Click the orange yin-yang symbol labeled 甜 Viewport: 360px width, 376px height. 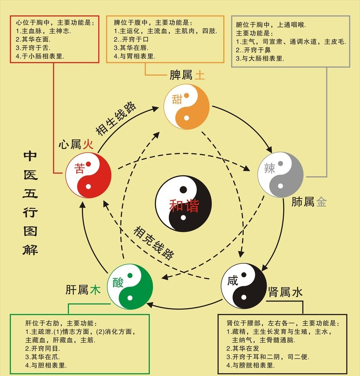click(187, 107)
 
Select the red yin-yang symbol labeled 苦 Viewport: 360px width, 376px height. click(88, 175)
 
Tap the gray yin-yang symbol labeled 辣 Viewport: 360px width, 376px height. click(280, 175)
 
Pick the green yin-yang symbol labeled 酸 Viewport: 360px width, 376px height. click(130, 287)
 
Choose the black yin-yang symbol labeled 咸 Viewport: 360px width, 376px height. click(243, 286)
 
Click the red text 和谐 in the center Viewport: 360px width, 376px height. click(184, 206)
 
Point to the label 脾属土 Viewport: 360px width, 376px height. click(187, 75)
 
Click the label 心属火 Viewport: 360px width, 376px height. click(76, 144)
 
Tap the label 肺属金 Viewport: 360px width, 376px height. click(309, 202)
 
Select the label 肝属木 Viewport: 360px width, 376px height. click(83, 290)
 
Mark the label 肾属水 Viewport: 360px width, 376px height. click(285, 292)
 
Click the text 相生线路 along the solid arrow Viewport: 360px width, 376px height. click(116, 118)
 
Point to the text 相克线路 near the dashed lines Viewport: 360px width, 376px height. click(154, 243)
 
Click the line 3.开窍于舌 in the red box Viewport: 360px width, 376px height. click(33, 48)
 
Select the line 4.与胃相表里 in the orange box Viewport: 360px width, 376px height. click(134, 56)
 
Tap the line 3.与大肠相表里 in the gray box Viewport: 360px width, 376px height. click(260, 58)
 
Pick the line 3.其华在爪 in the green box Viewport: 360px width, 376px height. click(43, 357)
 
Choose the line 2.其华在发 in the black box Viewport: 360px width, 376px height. click(243, 349)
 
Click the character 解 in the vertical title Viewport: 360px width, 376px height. click(30, 250)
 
